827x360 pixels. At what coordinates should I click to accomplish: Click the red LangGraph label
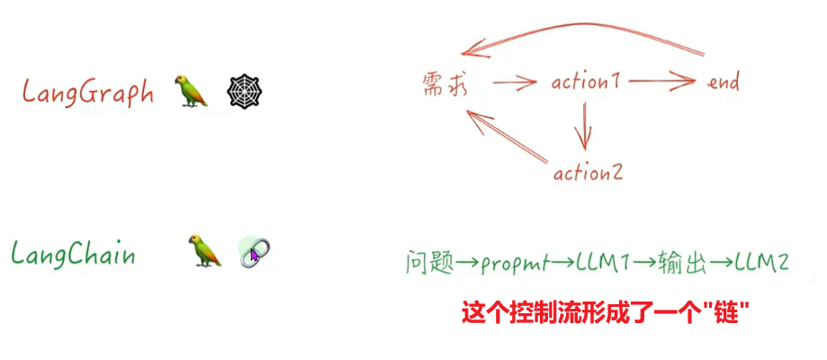[x=89, y=93]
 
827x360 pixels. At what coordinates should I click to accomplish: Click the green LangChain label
[x=74, y=255]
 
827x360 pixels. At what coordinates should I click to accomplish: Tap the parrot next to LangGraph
[x=193, y=90]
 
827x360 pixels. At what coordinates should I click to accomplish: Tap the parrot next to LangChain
[x=205, y=252]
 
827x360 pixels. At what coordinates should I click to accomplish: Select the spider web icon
[x=246, y=91]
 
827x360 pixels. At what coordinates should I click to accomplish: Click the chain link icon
[x=255, y=252]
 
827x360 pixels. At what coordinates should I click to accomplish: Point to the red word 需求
[x=445, y=83]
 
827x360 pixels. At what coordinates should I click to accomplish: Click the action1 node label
[x=586, y=83]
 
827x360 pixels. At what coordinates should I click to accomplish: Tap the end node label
[x=724, y=83]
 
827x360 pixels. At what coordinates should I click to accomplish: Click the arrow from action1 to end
[x=661, y=83]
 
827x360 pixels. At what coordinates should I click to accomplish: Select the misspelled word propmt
[x=512, y=264]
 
